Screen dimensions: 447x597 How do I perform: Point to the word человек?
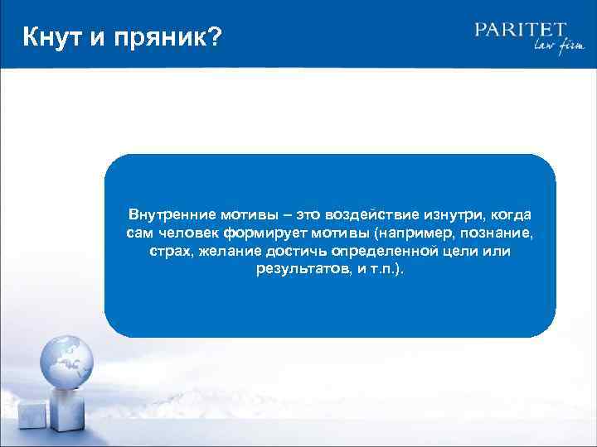(x=185, y=232)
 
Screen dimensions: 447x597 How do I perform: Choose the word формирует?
(x=259, y=232)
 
